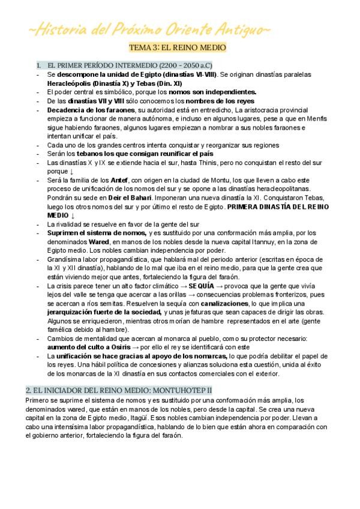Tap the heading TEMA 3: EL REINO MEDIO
point(178,47)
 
